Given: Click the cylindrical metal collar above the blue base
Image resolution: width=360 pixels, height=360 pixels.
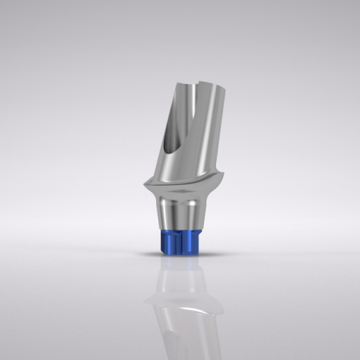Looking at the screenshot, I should (181, 218).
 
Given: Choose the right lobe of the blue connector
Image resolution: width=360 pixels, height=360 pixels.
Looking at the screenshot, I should (192, 242).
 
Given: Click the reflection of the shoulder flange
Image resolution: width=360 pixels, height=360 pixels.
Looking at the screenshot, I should (181, 302).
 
